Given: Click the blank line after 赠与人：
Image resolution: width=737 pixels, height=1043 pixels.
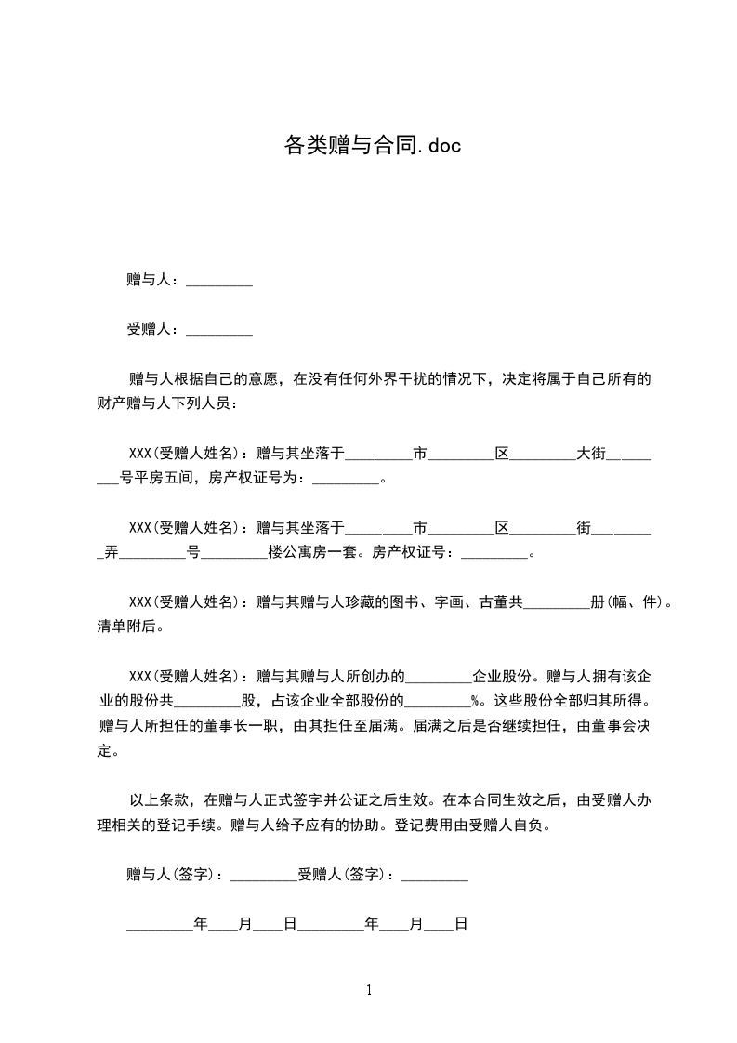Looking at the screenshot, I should click(x=219, y=280).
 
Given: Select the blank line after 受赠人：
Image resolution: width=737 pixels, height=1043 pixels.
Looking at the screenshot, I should click(x=219, y=329).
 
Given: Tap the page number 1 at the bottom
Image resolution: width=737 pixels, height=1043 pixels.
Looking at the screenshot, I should click(x=369, y=990).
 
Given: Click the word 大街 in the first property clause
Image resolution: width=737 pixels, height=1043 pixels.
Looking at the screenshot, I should click(x=591, y=454).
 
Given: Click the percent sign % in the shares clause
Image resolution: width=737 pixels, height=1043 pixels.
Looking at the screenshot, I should click(x=475, y=701).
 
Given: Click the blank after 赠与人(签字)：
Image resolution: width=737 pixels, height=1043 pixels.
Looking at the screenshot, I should click(x=263, y=875).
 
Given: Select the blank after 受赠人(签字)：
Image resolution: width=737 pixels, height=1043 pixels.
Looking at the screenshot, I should click(x=435, y=875).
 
